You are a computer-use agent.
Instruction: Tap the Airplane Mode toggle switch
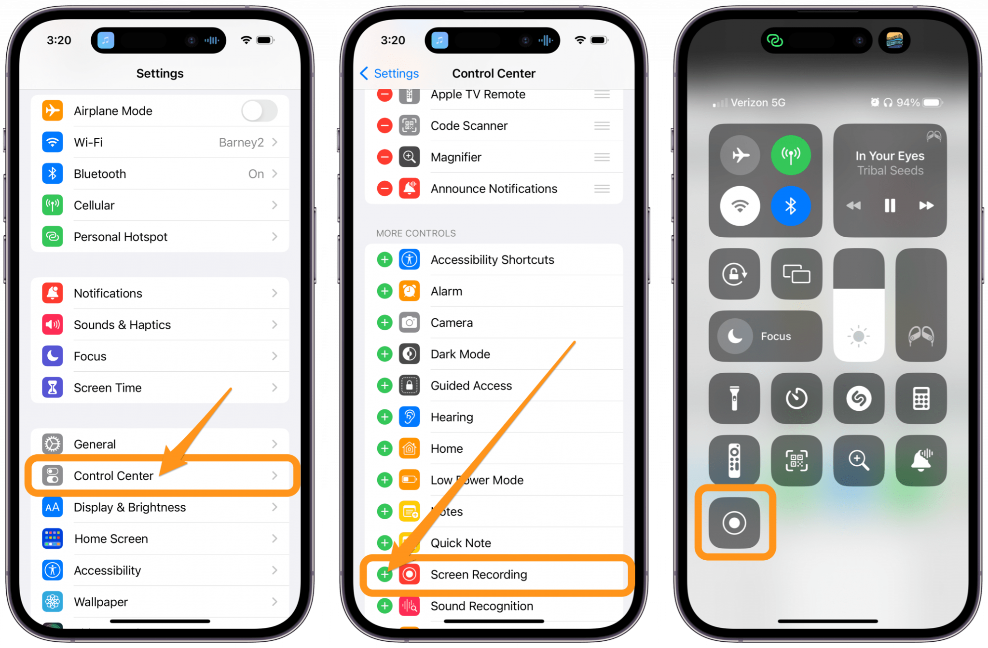pyautogui.click(x=259, y=111)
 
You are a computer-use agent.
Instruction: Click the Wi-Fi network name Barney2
pyautogui.click(x=241, y=142)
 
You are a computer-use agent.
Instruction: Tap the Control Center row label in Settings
pyautogui.click(x=113, y=476)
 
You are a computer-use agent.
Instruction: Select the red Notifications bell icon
pyautogui.click(x=53, y=293)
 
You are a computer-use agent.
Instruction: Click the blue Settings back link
pyautogui.click(x=390, y=73)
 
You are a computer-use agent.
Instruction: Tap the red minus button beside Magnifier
pyautogui.click(x=384, y=157)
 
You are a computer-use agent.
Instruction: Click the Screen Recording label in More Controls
pyautogui.click(x=479, y=574)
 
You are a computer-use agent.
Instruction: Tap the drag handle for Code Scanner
pyautogui.click(x=602, y=126)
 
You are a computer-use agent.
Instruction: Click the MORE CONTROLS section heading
pyautogui.click(x=416, y=233)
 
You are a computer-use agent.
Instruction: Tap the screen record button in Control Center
pyautogui.click(x=734, y=523)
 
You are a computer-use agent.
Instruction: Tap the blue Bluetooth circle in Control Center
pyautogui.click(x=790, y=206)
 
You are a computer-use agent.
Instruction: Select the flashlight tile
pyautogui.click(x=734, y=398)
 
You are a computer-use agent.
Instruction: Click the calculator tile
pyautogui.click(x=920, y=398)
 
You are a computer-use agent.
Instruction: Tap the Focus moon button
pyautogui.click(x=735, y=336)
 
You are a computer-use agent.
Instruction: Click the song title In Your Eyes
pyautogui.click(x=890, y=156)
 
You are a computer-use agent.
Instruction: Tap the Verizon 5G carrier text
pyautogui.click(x=757, y=103)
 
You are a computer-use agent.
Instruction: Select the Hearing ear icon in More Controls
pyautogui.click(x=409, y=417)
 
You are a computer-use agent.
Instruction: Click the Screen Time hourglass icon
pyautogui.click(x=53, y=388)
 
